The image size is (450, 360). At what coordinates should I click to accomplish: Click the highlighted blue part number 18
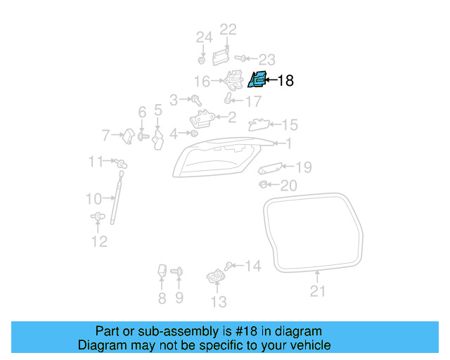pyautogui.click(x=258, y=79)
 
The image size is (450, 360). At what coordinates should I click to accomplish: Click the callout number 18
pyautogui.click(x=285, y=81)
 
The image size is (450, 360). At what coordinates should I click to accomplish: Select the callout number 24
pyautogui.click(x=203, y=37)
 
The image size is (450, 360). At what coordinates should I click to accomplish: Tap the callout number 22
pyautogui.click(x=229, y=29)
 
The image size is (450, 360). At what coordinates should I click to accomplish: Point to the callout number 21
pyautogui.click(x=318, y=291)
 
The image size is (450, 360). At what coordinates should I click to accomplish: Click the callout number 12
pyautogui.click(x=99, y=242)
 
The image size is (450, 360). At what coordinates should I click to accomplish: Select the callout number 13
pyautogui.click(x=219, y=302)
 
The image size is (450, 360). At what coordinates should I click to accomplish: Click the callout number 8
pyautogui.click(x=162, y=299)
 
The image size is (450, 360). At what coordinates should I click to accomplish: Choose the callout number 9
pyautogui.click(x=179, y=299)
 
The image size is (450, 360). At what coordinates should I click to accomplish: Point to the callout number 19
pyautogui.click(x=303, y=167)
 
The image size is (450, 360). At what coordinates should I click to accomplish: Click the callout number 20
pyautogui.click(x=289, y=186)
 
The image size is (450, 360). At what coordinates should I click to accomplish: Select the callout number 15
pyautogui.click(x=290, y=125)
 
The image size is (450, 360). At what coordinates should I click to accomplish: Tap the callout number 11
pyautogui.click(x=96, y=162)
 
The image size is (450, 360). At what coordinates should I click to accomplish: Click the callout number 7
pyautogui.click(x=106, y=134)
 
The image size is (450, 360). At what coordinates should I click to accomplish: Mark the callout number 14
pyautogui.click(x=252, y=266)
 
